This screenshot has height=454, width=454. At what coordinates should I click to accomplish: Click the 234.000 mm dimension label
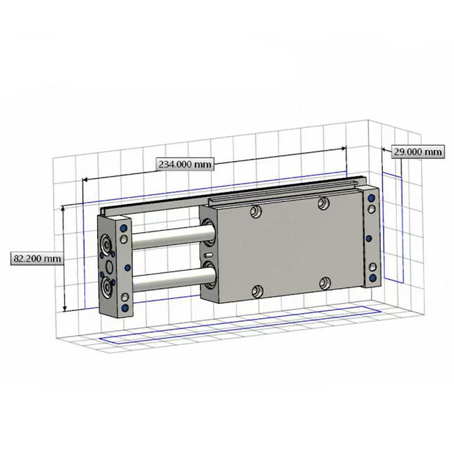point(184,164)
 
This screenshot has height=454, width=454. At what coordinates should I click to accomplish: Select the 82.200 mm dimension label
point(37,258)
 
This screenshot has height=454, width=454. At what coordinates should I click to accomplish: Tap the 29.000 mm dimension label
point(418,151)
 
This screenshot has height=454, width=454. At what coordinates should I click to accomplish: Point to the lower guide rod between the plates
point(169,282)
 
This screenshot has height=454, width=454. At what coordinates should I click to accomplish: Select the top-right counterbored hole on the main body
point(323,203)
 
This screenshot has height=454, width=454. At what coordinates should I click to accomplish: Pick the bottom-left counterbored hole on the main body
point(258,290)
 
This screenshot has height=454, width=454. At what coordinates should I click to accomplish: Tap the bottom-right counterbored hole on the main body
point(324,283)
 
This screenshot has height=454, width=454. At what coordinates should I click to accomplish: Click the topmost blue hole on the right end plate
point(371,199)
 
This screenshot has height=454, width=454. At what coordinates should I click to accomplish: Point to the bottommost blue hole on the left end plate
point(125,308)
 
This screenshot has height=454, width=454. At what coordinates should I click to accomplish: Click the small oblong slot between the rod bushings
point(208,254)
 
